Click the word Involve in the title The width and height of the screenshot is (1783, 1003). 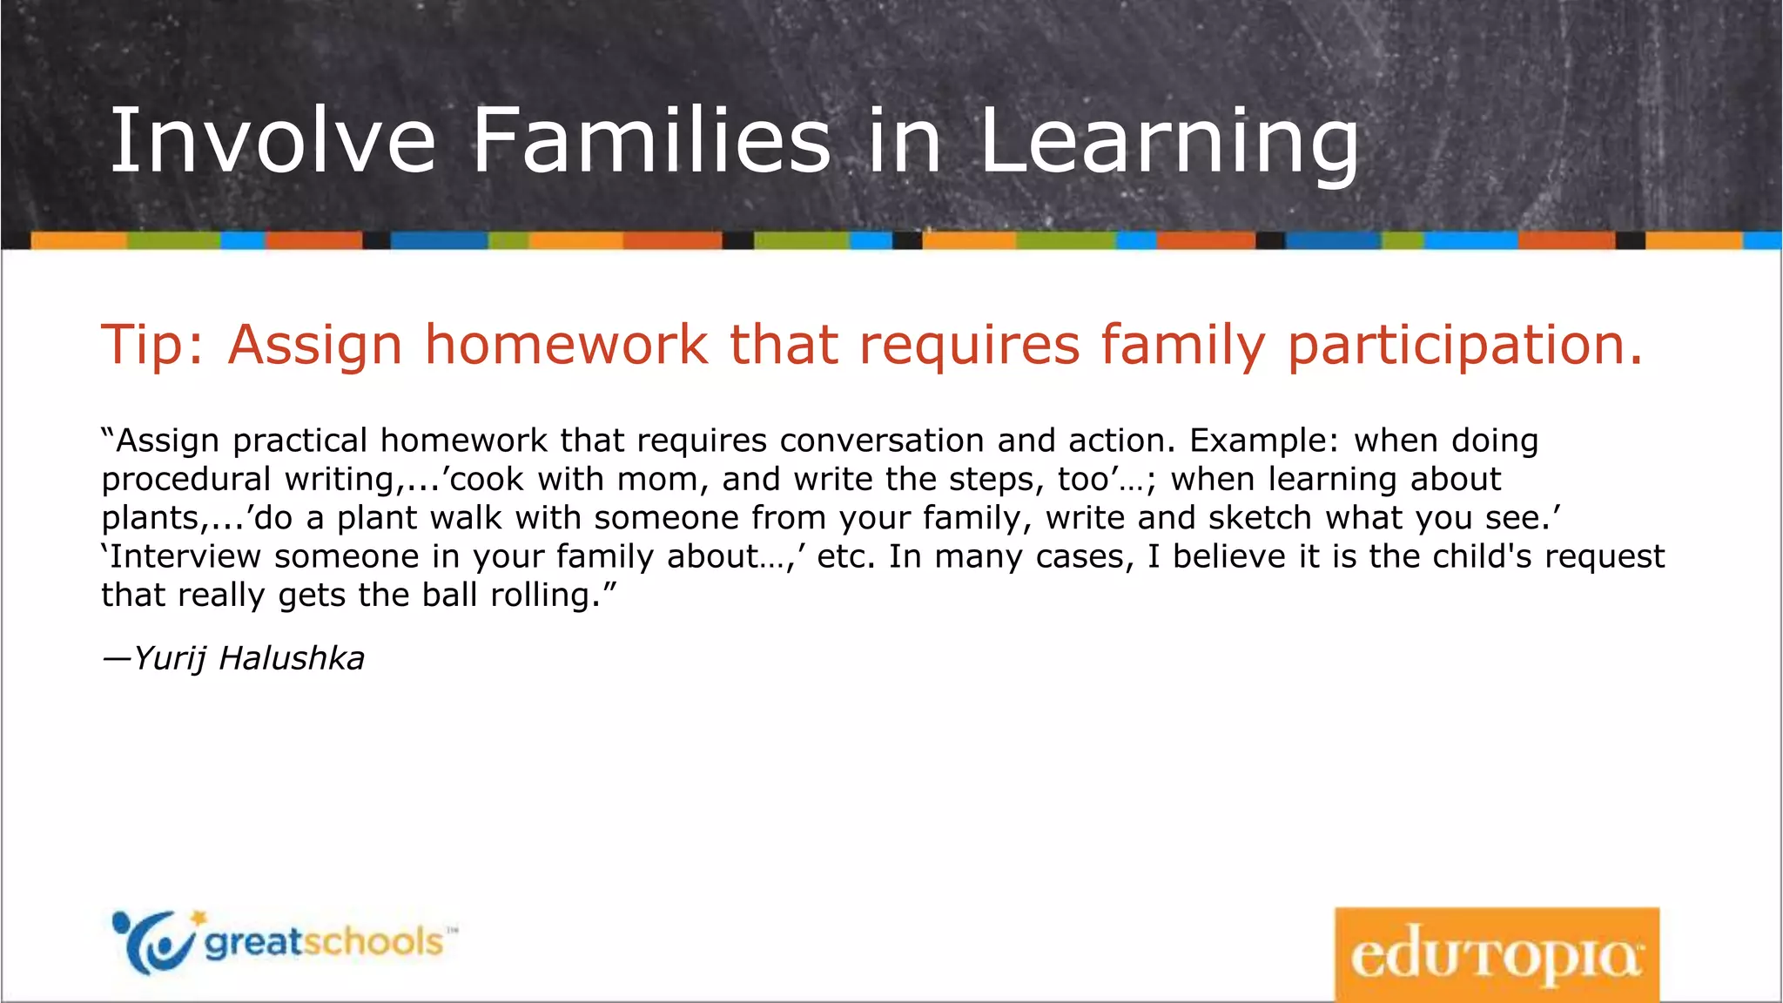[272, 141]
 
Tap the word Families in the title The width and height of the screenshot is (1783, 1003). [651, 141]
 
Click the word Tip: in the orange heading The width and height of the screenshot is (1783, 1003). [153, 345]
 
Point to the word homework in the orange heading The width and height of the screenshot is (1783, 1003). [566, 345]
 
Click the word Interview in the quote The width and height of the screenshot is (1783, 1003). [185, 557]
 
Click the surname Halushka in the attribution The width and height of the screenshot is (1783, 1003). [292, 659]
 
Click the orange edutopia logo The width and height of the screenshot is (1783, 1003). [1497, 954]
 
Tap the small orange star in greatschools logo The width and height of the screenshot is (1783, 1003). [199, 918]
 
